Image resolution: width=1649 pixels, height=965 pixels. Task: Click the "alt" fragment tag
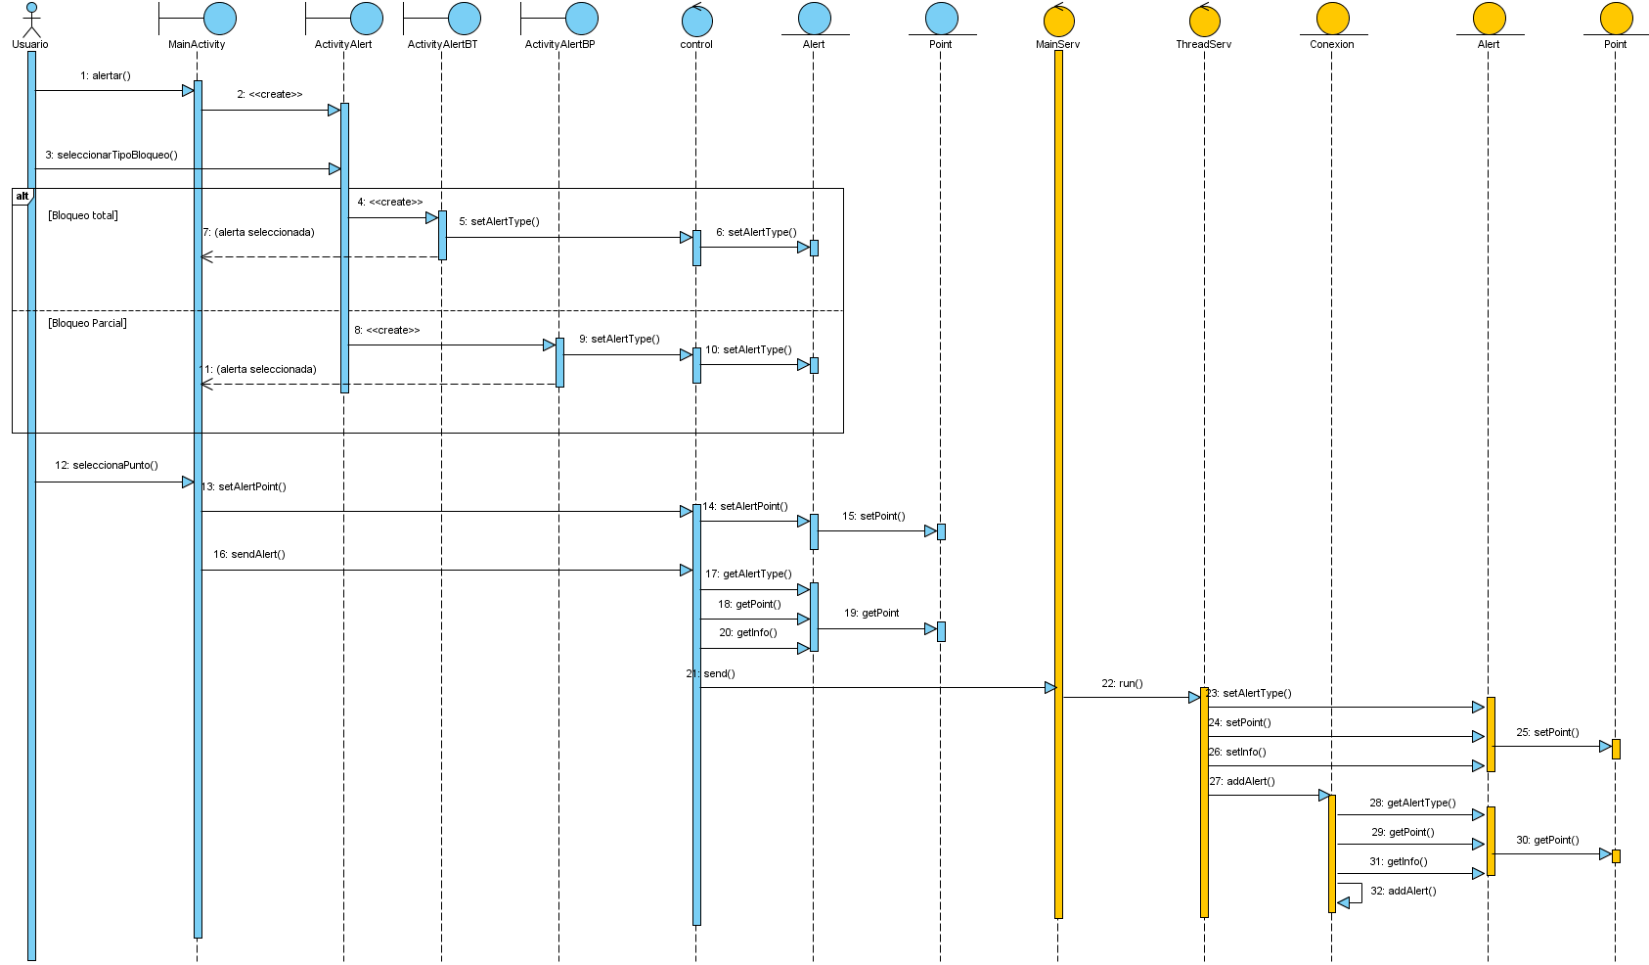tap(22, 197)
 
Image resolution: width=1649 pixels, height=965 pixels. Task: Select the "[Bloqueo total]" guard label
tap(83, 215)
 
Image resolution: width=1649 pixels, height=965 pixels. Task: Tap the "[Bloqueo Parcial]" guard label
tap(87, 323)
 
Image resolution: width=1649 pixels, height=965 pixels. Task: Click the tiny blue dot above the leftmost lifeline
tap(31, 7)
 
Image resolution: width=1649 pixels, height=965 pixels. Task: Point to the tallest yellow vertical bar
tap(1058, 484)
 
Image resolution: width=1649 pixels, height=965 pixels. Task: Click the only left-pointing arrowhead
tap(1344, 902)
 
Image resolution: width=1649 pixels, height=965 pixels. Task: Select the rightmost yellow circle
tap(1616, 19)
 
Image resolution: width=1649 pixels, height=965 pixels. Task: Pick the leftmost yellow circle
tap(1058, 21)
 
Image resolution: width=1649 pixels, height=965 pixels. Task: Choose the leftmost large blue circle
tap(219, 19)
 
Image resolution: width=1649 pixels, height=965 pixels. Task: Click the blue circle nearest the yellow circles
tap(941, 19)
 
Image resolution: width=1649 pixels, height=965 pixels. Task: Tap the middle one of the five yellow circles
tap(1332, 19)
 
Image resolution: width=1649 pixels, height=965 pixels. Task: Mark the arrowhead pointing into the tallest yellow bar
tap(1050, 687)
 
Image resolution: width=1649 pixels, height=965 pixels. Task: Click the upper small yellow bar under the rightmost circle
tap(1616, 749)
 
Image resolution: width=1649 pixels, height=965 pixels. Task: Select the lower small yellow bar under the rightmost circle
tap(1616, 856)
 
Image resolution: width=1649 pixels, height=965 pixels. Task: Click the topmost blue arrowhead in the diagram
tap(188, 90)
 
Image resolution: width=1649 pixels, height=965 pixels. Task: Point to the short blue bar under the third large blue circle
tap(442, 235)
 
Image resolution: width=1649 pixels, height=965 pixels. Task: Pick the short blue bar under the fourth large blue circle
tap(559, 362)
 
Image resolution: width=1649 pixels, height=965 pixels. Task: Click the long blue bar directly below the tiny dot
tap(31, 505)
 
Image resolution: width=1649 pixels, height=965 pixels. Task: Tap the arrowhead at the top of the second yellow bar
tap(1194, 697)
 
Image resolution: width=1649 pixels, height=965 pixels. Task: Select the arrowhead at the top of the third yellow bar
tap(1323, 795)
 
